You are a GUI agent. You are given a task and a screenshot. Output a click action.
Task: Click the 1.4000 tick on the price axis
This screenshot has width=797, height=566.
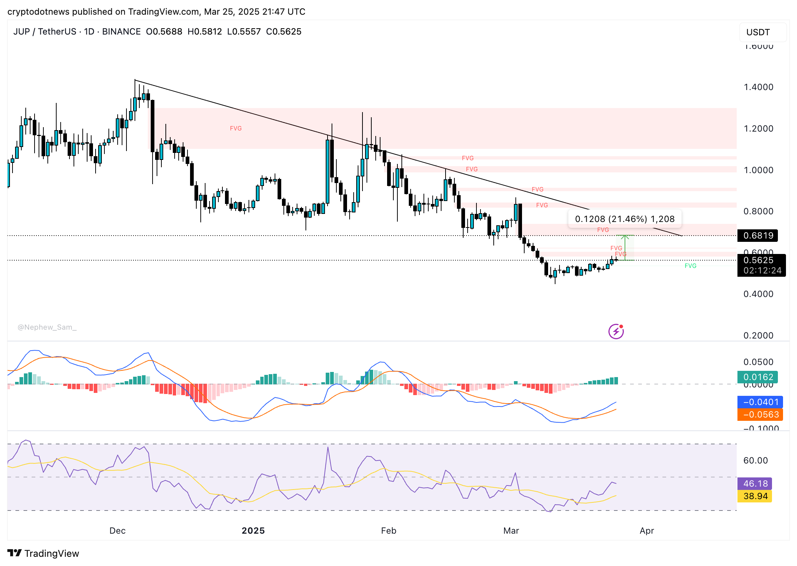point(758,87)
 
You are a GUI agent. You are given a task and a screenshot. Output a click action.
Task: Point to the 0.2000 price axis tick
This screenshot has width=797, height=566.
point(758,336)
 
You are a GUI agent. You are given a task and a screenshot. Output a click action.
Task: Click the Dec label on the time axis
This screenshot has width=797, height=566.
point(118,531)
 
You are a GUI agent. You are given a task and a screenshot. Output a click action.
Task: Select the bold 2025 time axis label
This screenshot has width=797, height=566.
point(253,531)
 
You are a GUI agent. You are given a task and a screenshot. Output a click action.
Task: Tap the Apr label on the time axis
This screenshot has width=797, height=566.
point(647,531)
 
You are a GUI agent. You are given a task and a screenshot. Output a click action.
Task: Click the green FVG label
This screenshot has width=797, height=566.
point(690,266)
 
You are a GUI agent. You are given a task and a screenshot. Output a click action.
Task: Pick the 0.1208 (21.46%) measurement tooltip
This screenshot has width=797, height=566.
point(625,219)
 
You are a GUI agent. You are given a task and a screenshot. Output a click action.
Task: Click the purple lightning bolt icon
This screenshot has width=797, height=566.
point(616,332)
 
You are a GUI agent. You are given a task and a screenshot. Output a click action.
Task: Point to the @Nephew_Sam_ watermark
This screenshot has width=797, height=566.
point(47,327)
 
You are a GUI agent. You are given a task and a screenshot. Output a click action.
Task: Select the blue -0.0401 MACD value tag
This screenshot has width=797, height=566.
point(760,402)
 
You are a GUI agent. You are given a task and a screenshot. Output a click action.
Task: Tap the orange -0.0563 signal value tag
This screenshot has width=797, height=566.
point(760,415)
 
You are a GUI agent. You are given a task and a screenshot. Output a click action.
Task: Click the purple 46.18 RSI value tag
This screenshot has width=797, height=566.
point(755,484)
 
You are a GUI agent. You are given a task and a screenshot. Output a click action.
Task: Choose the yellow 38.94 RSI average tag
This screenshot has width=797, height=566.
point(755,496)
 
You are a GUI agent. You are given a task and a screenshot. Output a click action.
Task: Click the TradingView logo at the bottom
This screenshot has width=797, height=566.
point(43,553)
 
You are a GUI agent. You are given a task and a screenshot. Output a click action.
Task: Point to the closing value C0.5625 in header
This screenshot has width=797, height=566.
point(283,32)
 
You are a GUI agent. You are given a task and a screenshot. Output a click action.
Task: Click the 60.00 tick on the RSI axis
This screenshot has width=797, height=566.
point(755,461)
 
